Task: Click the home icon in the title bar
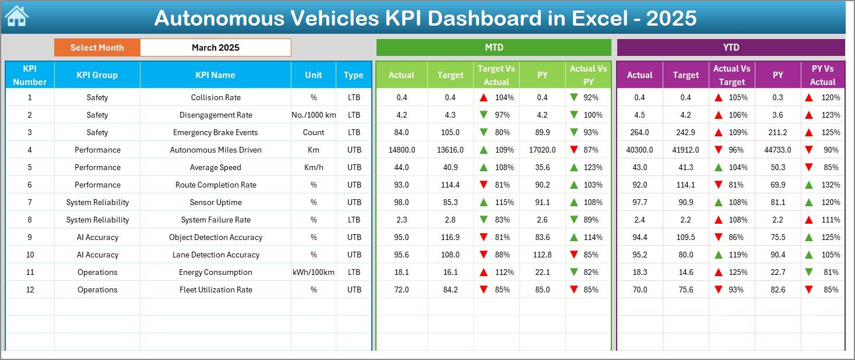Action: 16,17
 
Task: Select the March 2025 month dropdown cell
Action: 215,48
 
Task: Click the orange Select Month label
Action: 97,48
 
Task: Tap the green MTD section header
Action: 494,48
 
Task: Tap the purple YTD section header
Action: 730,48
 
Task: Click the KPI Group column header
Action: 97,75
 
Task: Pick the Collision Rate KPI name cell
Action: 215,97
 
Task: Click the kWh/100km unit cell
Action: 314,272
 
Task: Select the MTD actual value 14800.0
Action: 402,150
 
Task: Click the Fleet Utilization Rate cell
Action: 215,290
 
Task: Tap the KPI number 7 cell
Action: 30,202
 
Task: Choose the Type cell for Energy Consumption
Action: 354,272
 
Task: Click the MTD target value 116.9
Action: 450,237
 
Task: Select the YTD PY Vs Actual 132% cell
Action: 822,185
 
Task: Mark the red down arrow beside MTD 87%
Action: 574,150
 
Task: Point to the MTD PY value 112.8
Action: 542,255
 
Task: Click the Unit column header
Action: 314,75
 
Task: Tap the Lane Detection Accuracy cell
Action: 215,255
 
